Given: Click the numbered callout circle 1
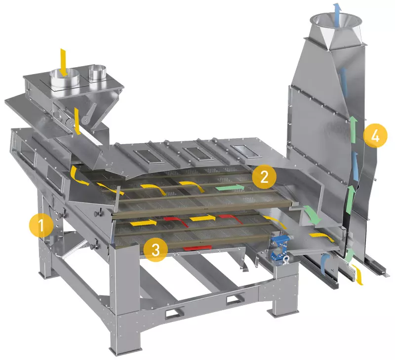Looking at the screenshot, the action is tap(41, 225).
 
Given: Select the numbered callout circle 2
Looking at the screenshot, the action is tap(264, 177).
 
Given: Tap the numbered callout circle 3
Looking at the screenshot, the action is tap(156, 250).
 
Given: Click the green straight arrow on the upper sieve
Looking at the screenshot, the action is tap(230, 188).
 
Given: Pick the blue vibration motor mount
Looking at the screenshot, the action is tap(280, 249).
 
